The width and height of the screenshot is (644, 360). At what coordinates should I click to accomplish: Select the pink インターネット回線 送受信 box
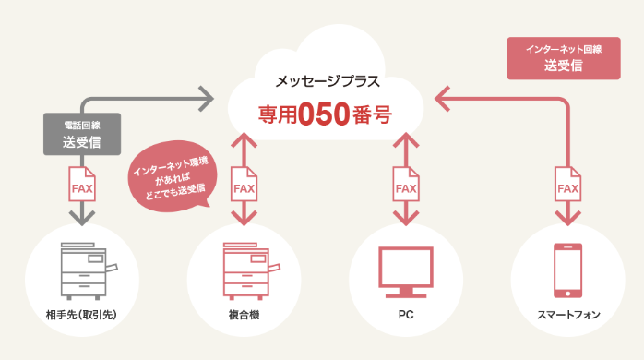[562, 57]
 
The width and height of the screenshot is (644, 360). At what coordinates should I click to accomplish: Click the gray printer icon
[82, 270]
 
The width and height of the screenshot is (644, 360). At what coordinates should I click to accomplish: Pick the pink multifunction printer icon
[244, 270]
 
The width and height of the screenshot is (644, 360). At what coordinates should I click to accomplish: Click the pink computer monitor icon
[406, 270]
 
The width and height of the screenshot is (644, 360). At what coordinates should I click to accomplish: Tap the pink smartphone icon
[567, 270]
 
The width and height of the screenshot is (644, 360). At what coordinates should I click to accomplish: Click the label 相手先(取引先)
[82, 316]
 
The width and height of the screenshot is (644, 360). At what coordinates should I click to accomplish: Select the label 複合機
[244, 316]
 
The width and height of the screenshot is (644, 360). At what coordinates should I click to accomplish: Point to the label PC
[406, 316]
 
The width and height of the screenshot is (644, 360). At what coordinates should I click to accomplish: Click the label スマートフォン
[567, 316]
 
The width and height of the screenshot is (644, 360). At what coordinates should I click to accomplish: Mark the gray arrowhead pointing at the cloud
[208, 95]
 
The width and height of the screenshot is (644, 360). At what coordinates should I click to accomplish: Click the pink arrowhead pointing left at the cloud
[440, 95]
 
